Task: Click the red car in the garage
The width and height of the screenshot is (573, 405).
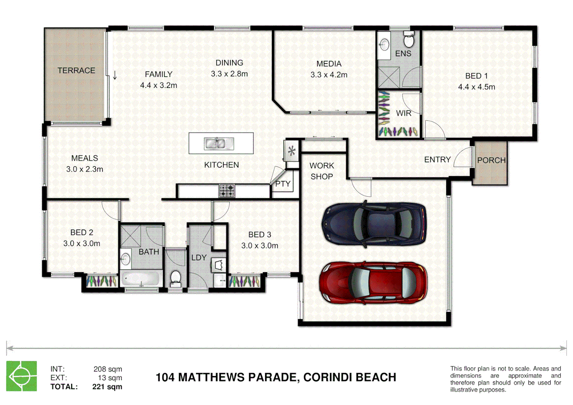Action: click(373, 283)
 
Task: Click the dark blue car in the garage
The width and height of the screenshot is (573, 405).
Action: click(374, 224)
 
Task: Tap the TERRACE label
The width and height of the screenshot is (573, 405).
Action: click(76, 70)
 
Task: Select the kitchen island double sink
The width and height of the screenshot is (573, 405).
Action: click(219, 144)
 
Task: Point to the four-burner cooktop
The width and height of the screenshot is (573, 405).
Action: click(226, 191)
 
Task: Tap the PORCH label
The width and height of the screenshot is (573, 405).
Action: click(491, 160)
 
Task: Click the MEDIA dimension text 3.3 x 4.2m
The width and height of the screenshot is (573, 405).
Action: click(329, 75)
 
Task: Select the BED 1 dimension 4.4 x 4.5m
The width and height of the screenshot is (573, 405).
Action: click(477, 87)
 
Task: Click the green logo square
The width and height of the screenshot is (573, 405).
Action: click(21, 376)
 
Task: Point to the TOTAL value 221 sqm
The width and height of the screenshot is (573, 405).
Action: click(107, 387)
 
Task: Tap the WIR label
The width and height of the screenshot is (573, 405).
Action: click(403, 113)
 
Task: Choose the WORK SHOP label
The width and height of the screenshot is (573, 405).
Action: click(321, 171)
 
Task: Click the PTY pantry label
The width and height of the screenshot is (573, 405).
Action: click(283, 184)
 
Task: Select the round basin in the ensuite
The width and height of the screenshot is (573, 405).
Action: click(384, 45)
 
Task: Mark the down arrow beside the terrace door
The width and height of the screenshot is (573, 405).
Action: click(115, 75)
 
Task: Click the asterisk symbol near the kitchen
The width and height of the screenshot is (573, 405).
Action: click(292, 151)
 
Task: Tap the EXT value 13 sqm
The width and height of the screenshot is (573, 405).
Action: click(110, 378)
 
